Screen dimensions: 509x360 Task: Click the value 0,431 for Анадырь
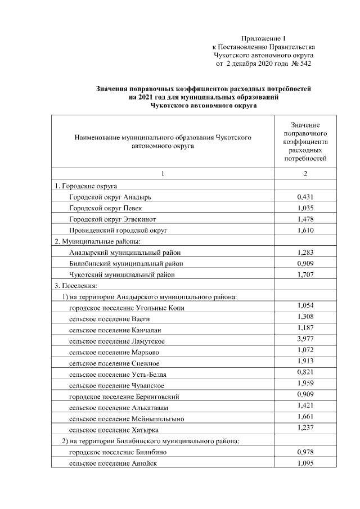tap(305, 197)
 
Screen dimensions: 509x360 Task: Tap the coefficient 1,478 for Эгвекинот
tap(305, 219)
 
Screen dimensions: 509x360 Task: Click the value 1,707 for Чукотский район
tap(305, 274)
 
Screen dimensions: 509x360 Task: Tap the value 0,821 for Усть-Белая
tap(305, 372)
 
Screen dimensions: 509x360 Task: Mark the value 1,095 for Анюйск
tap(305, 463)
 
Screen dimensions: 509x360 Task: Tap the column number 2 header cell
tap(305, 174)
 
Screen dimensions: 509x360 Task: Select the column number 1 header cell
tap(163, 174)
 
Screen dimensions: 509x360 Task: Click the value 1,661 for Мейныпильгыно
tap(305, 416)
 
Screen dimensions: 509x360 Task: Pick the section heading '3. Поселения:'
tap(76, 286)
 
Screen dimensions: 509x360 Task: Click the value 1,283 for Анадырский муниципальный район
tap(305, 253)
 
